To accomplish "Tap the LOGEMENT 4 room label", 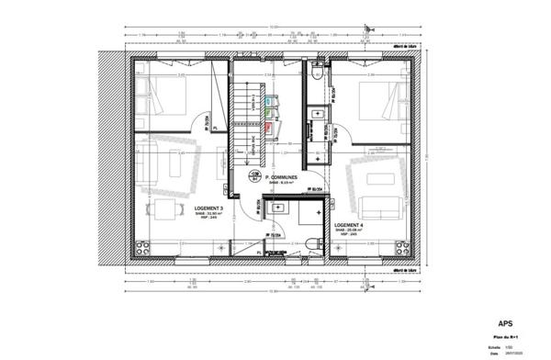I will (348, 225).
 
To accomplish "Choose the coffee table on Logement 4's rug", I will (375, 174).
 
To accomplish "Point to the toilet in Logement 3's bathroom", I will (313, 241).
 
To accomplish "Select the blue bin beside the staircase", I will (268, 97).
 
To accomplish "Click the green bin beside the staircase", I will (268, 112).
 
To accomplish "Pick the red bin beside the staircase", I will (268, 128).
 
